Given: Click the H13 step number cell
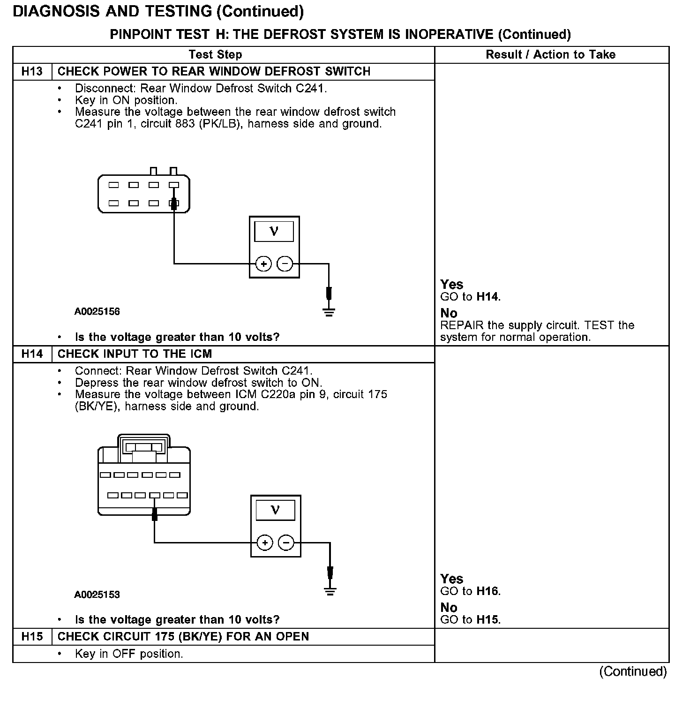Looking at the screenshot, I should coord(32,72).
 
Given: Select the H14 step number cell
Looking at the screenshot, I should coord(32,354).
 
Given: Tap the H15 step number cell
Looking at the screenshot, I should coord(32,637).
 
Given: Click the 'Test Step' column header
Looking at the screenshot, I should coord(215,55).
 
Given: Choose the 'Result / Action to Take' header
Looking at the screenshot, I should coord(550,55).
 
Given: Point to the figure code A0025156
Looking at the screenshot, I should coord(97,311).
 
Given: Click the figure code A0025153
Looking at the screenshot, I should coord(97,595).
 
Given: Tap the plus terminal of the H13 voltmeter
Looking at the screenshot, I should coord(264,264).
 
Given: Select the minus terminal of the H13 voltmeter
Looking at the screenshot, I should coord(285,264).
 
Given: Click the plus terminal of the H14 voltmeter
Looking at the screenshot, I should coord(265,543).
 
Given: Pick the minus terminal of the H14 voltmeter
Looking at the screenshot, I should coord(286,543).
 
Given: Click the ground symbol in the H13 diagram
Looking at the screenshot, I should coord(329,312).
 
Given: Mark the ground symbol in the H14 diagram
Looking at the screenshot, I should coord(330,591).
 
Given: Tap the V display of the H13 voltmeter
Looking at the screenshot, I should coord(274,232).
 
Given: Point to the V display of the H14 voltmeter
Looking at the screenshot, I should coord(275,510).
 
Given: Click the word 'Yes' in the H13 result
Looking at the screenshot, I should coord(451,285).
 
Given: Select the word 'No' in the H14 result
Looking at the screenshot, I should coord(449,608).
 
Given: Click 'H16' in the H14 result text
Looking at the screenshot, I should coord(487,591).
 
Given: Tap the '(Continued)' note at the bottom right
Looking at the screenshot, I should coord(633,671).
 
